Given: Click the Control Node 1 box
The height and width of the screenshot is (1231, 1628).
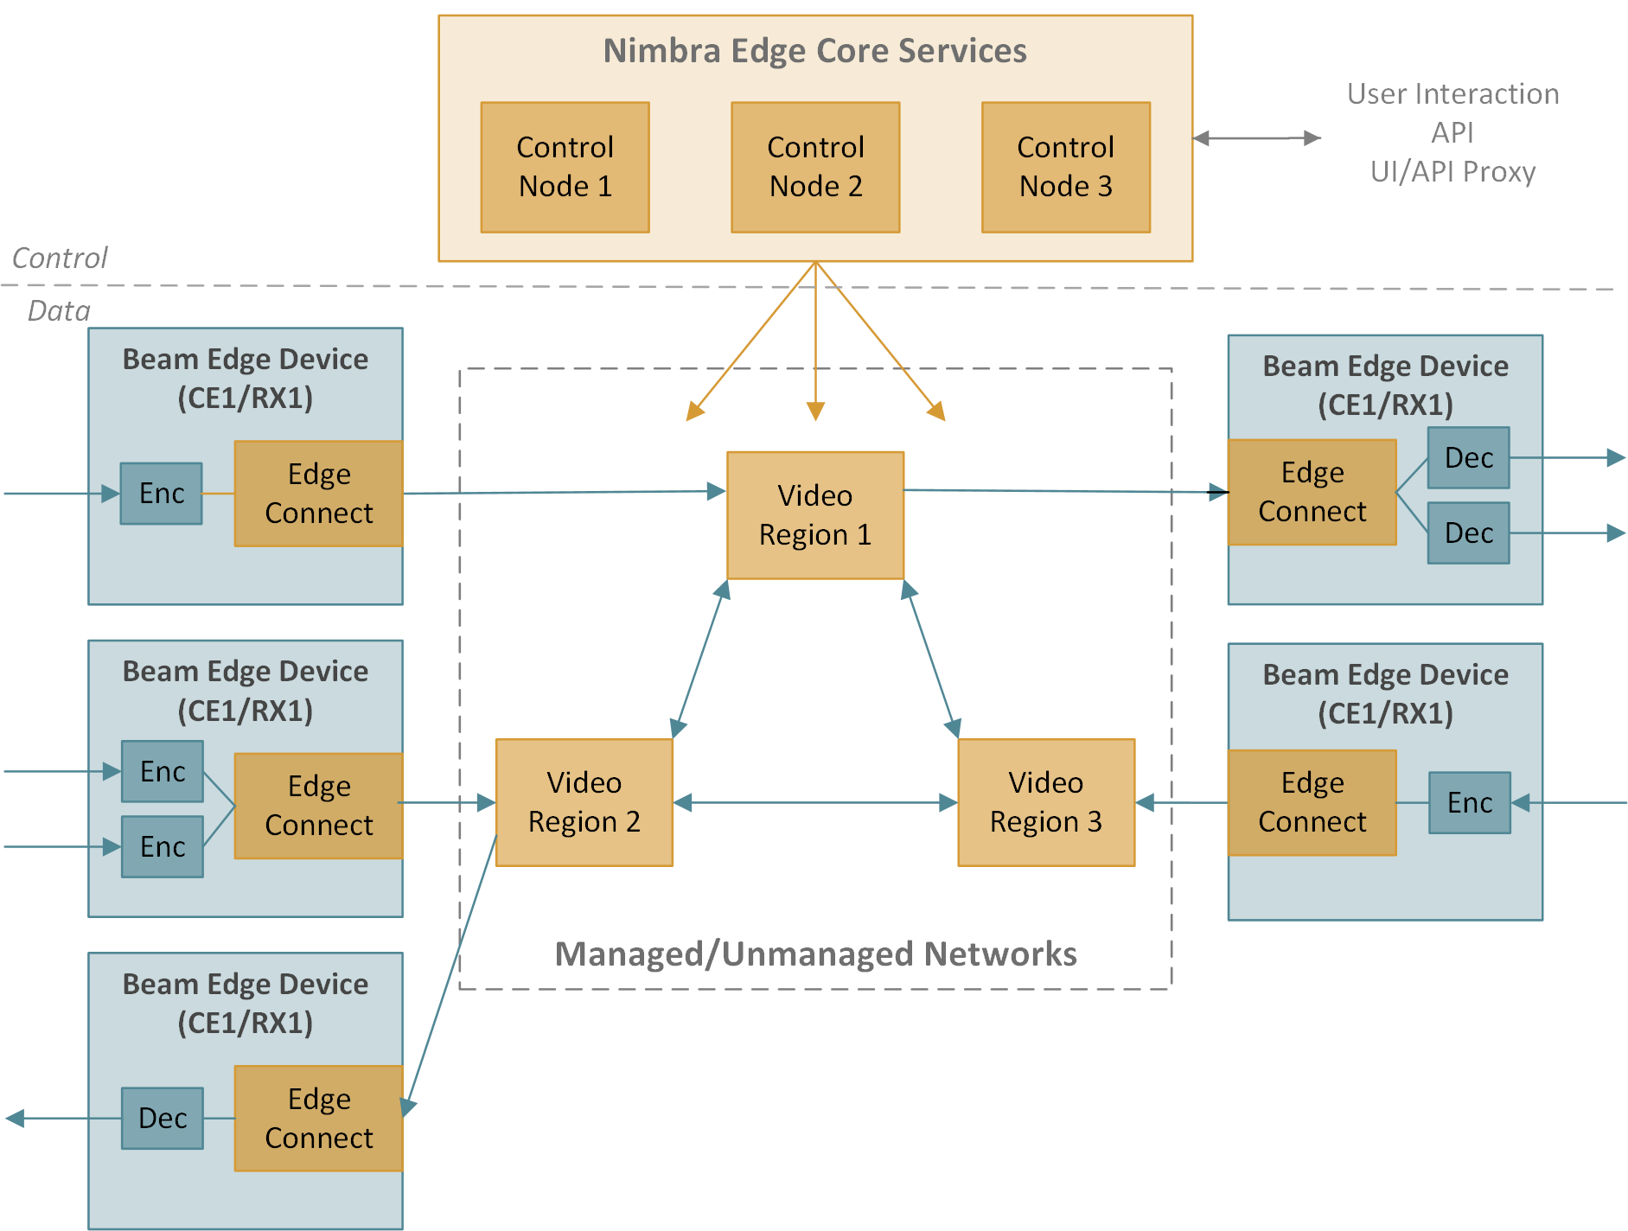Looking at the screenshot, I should click(x=565, y=167).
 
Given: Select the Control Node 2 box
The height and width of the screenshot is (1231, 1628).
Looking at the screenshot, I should click(x=815, y=167).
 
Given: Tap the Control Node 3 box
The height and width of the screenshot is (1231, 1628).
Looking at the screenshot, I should click(x=1065, y=167).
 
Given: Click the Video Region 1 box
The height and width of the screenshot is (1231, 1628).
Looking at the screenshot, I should click(x=815, y=515).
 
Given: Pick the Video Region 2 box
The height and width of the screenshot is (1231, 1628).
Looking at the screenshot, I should click(x=584, y=802).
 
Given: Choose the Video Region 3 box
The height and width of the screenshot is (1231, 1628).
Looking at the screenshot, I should click(x=1046, y=802).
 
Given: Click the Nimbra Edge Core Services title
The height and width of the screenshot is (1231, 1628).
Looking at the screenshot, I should click(x=814, y=51).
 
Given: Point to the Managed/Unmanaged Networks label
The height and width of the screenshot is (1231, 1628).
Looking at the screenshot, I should click(x=815, y=954).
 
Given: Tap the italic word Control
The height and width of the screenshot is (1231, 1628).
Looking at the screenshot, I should click(x=60, y=258).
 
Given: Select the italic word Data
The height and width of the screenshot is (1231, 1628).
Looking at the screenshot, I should click(x=59, y=310).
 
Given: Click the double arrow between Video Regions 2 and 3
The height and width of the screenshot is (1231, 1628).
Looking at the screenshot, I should click(x=815, y=803).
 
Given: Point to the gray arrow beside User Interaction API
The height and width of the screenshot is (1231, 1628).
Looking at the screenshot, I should click(x=1257, y=137).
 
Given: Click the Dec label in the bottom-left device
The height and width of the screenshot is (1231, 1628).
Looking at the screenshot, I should click(x=163, y=1118).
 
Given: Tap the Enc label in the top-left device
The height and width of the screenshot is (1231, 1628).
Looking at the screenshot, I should click(x=162, y=493).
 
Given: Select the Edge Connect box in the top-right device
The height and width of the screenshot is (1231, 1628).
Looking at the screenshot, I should click(x=1312, y=492).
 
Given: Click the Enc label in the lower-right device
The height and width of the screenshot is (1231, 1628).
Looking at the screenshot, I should click(x=1470, y=802).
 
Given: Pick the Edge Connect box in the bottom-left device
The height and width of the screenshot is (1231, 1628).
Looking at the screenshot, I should click(x=318, y=1118).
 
